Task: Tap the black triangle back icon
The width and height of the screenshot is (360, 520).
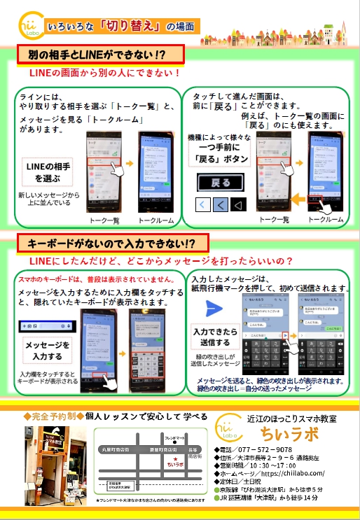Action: tap(237, 205)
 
